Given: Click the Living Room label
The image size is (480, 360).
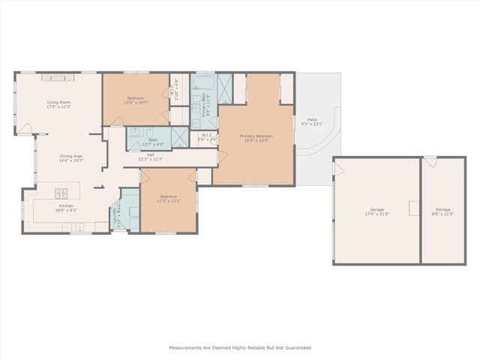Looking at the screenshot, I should [58, 102].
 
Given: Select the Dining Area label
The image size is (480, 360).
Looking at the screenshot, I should [70, 156].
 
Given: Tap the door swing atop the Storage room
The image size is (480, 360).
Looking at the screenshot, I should [430, 161].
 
